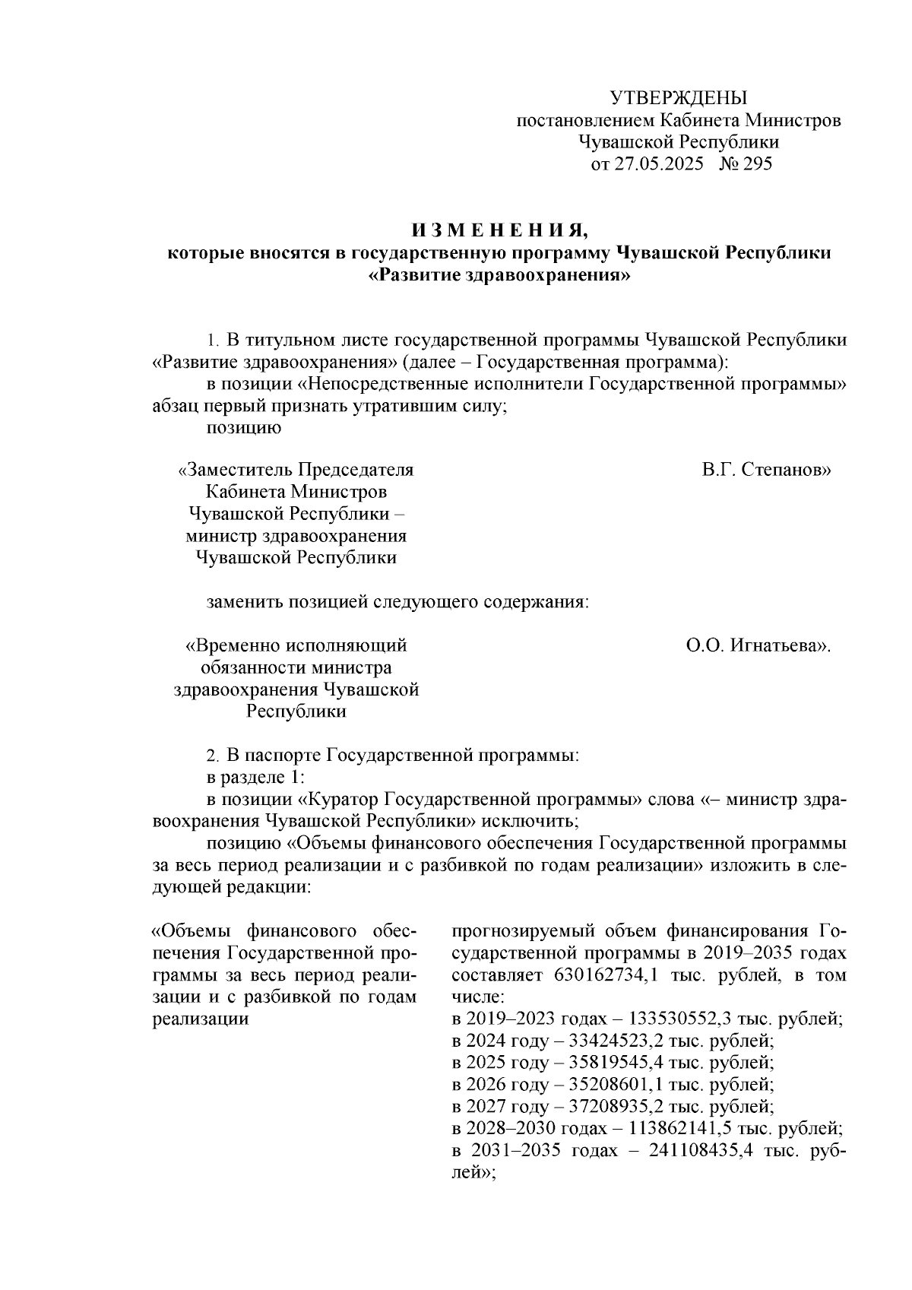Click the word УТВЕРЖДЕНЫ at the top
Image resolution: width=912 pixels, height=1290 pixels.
[x=679, y=98]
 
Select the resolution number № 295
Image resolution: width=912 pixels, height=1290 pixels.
[x=745, y=164]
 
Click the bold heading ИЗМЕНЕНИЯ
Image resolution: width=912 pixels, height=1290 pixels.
[x=500, y=230]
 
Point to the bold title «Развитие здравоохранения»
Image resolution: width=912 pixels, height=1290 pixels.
[x=499, y=275]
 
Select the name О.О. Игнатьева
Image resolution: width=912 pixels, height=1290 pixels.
[x=758, y=646]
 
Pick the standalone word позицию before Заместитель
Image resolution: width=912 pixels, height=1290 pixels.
[x=245, y=428]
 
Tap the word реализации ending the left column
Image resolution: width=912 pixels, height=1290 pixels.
[x=201, y=1019]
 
